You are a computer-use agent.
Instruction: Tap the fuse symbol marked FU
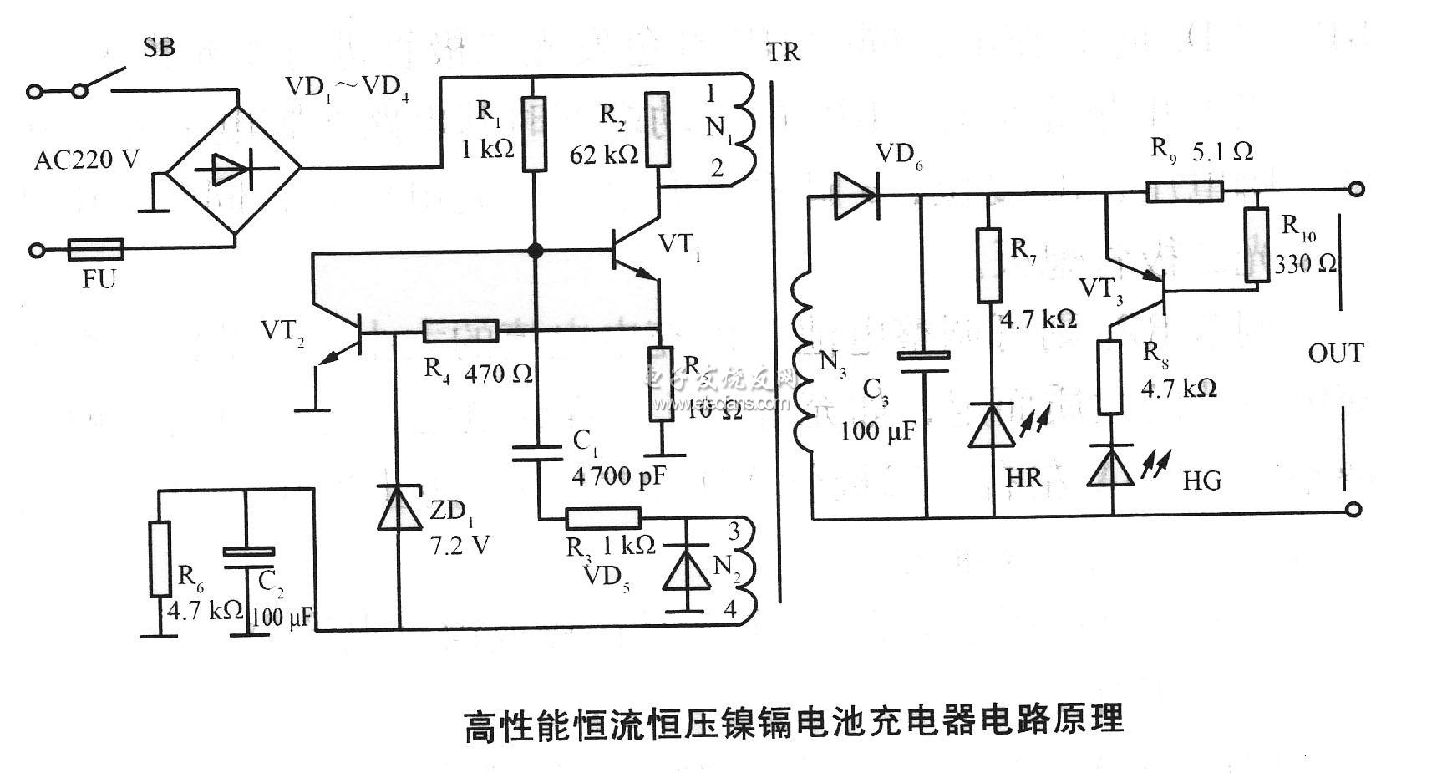(x=95, y=249)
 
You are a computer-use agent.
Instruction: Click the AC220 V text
(x=86, y=160)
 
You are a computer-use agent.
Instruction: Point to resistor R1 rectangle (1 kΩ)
(x=534, y=133)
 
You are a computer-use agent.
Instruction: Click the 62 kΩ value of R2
(x=603, y=155)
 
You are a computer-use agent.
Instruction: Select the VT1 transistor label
(x=679, y=245)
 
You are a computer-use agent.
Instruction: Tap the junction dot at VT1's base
(x=535, y=251)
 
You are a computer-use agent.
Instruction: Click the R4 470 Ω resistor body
(x=460, y=332)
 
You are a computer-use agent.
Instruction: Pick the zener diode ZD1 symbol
(x=399, y=508)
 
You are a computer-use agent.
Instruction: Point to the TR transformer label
(x=783, y=52)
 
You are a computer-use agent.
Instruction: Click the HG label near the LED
(x=1201, y=481)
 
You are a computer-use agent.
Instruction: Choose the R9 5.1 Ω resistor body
(x=1184, y=193)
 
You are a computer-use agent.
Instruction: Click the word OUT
(x=1335, y=353)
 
